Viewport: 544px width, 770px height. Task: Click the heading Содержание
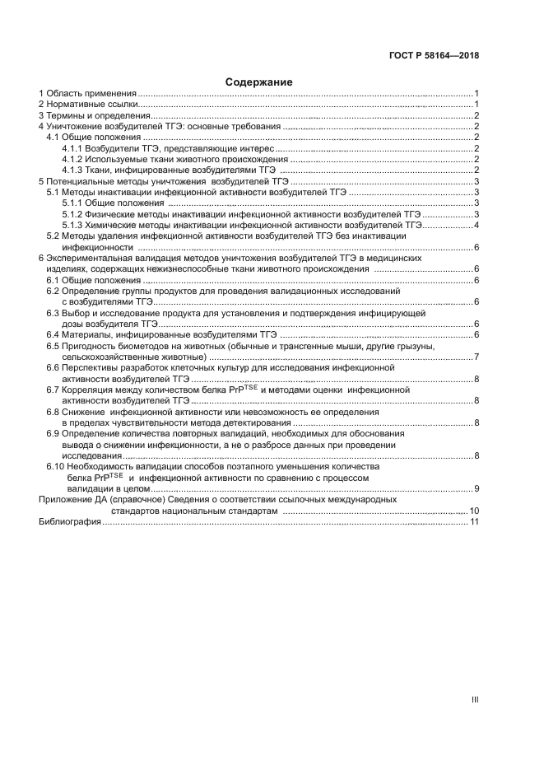pyautogui.click(x=257, y=82)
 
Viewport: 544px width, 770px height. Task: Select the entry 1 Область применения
pyautogui.click(x=88, y=94)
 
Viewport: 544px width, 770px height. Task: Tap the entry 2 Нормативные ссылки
pyautogui.click(x=89, y=105)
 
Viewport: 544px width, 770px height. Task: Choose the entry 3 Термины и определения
pyautogui.click(x=94, y=116)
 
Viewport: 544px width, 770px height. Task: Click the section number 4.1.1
pyautogui.click(x=73, y=148)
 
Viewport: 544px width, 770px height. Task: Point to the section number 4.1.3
pyautogui.click(x=73, y=170)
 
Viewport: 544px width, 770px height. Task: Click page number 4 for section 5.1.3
pyautogui.click(x=477, y=225)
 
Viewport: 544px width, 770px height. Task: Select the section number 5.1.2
pyautogui.click(x=73, y=214)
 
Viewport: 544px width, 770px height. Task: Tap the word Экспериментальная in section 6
pyautogui.click(x=91, y=259)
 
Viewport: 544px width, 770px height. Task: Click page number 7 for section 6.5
pyautogui.click(x=477, y=357)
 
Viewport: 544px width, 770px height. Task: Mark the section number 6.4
pyautogui.click(x=53, y=334)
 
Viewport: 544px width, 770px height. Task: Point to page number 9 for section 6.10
pyautogui.click(x=477, y=489)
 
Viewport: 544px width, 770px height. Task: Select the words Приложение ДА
pyautogui.click(x=73, y=500)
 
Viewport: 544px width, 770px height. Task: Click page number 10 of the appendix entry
pyautogui.click(x=474, y=511)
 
